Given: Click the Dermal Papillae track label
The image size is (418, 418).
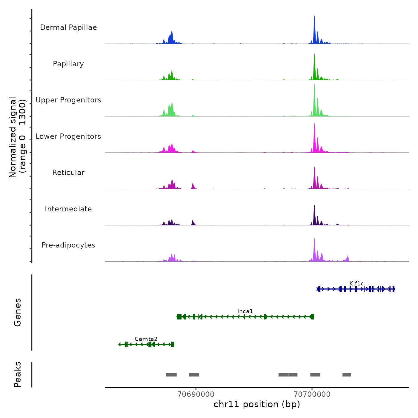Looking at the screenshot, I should [x=68, y=27].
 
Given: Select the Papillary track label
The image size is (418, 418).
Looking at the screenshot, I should [x=68, y=64].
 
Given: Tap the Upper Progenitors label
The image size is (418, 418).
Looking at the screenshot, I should [x=68, y=100].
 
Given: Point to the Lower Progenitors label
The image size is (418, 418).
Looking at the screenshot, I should [x=68, y=136].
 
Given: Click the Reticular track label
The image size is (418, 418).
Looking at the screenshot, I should [x=68, y=173].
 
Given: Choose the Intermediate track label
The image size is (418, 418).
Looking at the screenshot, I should [x=68, y=209].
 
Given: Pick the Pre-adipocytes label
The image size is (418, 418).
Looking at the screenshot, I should [x=68, y=245].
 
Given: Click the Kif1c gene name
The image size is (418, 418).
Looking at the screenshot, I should [x=356, y=283].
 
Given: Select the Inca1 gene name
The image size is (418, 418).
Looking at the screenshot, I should [x=245, y=311].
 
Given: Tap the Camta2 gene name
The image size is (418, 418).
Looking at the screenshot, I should [x=146, y=339].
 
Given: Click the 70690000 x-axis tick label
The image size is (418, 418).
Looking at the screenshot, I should [x=196, y=394].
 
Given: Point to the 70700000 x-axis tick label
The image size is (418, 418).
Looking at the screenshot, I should [x=312, y=394].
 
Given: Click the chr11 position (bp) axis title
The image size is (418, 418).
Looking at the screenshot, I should [x=257, y=404].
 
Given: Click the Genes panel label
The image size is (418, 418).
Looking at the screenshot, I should [x=18, y=312].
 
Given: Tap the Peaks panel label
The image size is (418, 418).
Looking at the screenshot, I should [x=18, y=374].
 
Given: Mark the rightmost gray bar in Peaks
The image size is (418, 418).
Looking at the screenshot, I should [x=347, y=375].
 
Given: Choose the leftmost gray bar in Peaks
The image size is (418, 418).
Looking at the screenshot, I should [x=171, y=375].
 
